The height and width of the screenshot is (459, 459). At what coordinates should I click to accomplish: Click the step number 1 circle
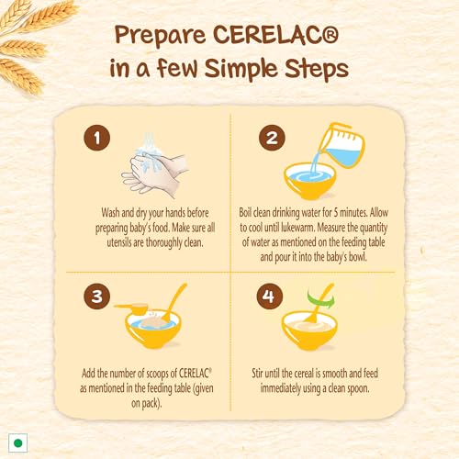point(97,138)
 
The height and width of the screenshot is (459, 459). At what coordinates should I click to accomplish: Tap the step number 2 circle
point(272,138)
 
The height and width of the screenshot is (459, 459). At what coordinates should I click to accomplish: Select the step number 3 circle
point(96,296)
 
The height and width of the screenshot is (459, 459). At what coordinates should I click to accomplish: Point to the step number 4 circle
point(270,296)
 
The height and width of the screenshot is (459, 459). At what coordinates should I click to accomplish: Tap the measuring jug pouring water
point(341,145)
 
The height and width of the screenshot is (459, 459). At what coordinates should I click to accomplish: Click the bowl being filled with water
point(309,181)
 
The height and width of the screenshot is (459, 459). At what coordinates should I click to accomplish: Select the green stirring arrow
point(321,298)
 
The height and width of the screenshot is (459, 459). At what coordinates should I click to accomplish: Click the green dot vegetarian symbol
point(18,442)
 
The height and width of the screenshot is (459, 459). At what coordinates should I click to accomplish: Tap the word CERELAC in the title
point(275,35)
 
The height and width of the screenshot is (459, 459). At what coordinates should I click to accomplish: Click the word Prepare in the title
point(161,36)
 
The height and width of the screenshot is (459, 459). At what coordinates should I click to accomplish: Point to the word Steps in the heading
point(317,69)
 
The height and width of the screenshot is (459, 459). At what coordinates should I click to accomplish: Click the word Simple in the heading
point(241,69)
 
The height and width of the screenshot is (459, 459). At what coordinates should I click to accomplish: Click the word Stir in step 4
point(258,374)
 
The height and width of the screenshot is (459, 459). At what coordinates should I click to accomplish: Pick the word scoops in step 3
point(157,374)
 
